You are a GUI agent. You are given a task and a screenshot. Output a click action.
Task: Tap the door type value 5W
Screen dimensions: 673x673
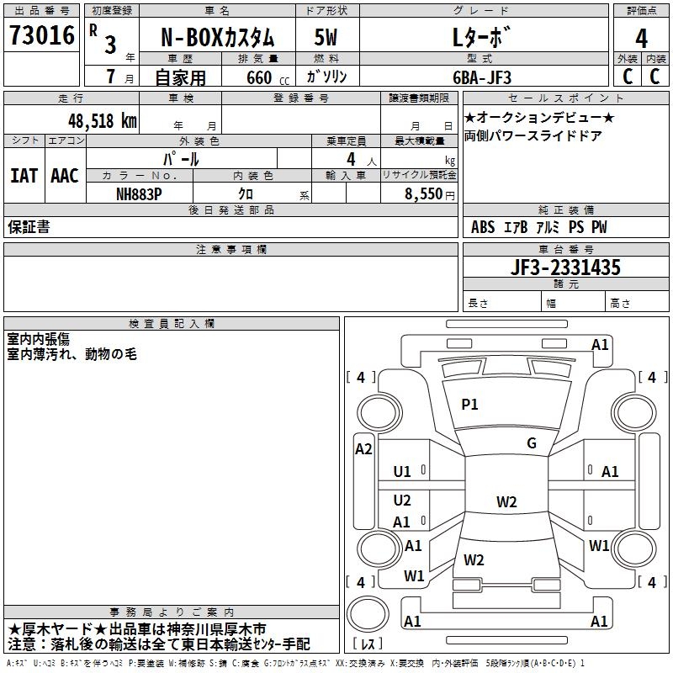(326, 38)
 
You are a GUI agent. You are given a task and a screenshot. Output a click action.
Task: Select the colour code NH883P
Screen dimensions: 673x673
(140, 193)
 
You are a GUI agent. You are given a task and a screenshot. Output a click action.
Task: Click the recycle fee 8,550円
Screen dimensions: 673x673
(430, 193)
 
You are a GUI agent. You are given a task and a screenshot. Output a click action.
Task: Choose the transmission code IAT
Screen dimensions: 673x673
(24, 176)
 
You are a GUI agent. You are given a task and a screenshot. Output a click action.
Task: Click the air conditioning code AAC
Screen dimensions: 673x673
(64, 176)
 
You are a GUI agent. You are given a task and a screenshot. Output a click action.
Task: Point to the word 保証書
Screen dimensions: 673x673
(29, 227)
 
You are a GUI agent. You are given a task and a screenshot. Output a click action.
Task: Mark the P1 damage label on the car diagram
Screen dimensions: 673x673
(469, 405)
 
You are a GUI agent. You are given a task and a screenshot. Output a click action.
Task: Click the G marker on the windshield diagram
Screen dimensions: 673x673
(532, 443)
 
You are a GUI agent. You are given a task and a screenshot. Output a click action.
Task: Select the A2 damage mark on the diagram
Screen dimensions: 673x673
(363, 449)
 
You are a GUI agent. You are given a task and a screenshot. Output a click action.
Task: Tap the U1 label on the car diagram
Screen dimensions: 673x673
(402, 472)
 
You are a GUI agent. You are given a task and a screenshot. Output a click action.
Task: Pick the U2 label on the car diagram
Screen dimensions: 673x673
(402, 501)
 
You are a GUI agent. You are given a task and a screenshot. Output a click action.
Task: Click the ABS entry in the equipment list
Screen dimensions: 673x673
(483, 227)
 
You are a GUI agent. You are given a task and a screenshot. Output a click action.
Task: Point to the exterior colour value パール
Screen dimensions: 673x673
(181, 158)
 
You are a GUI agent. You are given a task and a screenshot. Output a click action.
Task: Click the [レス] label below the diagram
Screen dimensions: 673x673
(367, 644)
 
